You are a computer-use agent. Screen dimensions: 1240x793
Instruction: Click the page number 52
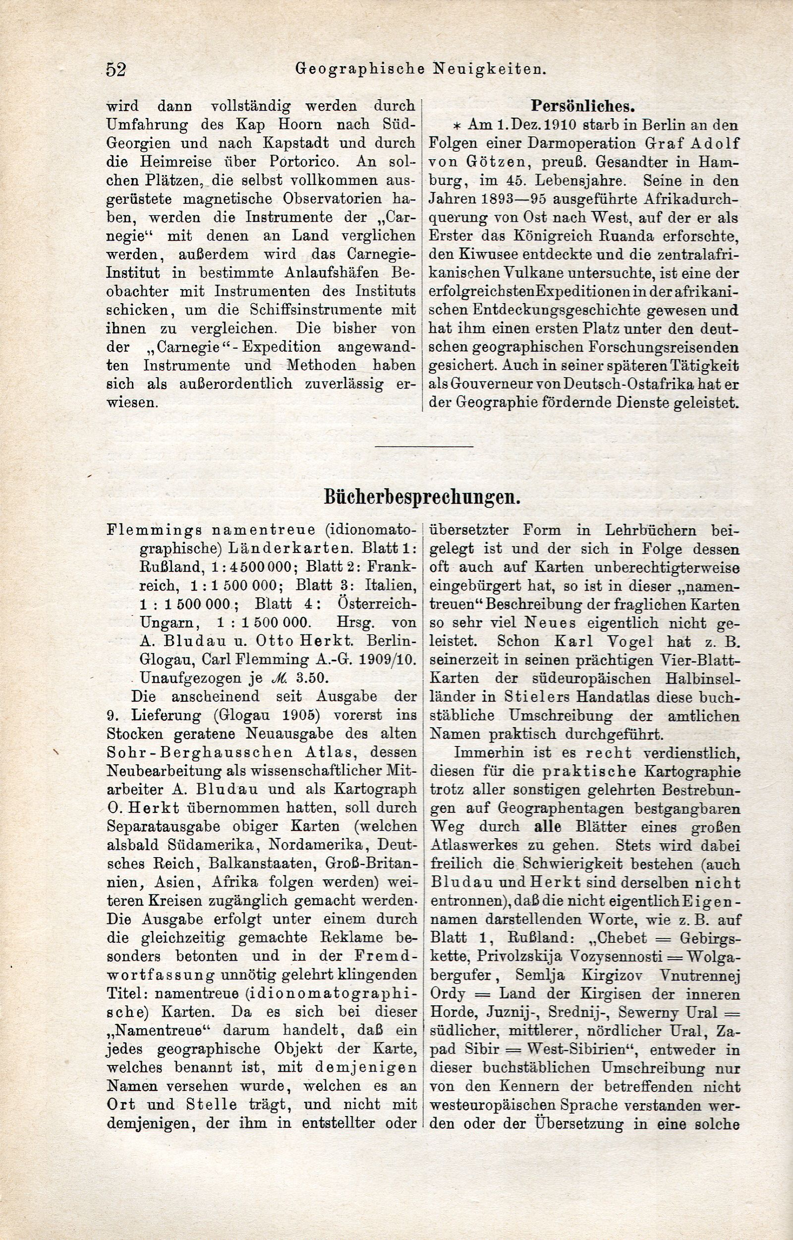click(116, 68)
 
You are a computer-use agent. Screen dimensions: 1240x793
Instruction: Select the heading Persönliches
click(582, 106)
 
